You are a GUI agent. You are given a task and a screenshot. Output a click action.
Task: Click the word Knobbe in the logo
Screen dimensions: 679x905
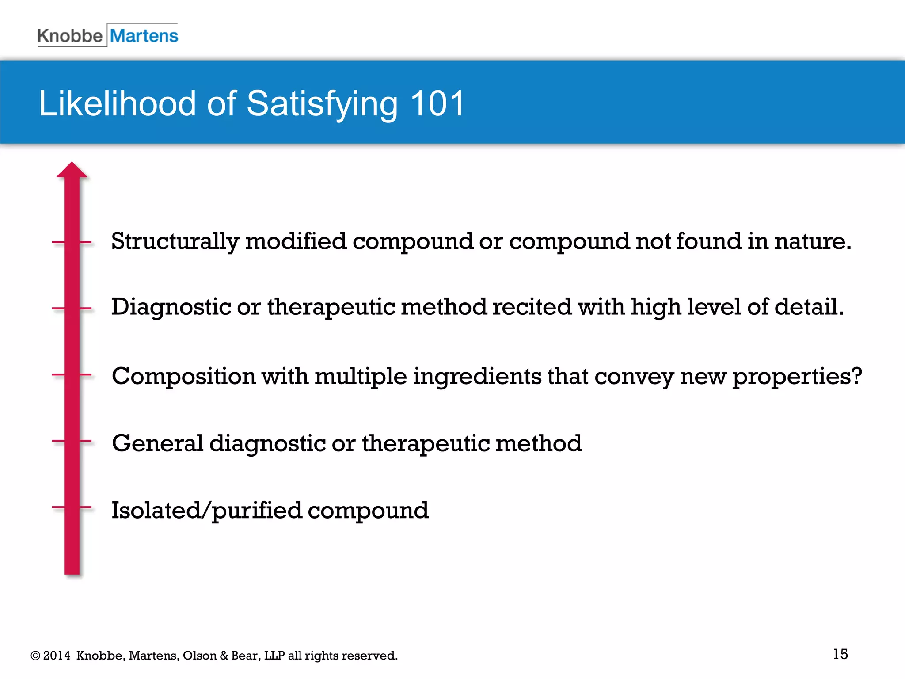point(69,36)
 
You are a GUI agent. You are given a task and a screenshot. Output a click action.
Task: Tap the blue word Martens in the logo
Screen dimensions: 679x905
point(144,36)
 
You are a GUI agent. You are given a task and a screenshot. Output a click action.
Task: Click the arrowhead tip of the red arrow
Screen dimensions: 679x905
point(72,164)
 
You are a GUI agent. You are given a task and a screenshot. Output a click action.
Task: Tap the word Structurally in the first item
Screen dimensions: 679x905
point(175,242)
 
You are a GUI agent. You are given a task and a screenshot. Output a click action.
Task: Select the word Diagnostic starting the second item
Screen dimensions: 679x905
point(171,307)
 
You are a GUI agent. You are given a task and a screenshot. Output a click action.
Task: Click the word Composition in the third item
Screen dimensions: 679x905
point(183,377)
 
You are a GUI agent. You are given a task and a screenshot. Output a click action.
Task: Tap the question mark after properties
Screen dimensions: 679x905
point(856,376)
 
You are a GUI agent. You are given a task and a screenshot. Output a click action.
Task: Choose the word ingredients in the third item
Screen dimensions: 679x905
point(477,377)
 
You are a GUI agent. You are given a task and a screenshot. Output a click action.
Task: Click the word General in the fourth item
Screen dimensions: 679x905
point(157,443)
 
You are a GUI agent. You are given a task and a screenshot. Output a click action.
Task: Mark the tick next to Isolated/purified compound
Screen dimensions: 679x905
point(72,507)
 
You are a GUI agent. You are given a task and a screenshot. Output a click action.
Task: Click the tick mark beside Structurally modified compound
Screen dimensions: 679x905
point(72,242)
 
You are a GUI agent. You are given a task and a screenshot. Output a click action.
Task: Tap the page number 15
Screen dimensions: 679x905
point(840,654)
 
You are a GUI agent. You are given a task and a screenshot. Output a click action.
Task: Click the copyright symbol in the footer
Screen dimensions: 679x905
point(35,656)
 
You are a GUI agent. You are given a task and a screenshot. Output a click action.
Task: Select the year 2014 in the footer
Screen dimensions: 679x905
point(57,656)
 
